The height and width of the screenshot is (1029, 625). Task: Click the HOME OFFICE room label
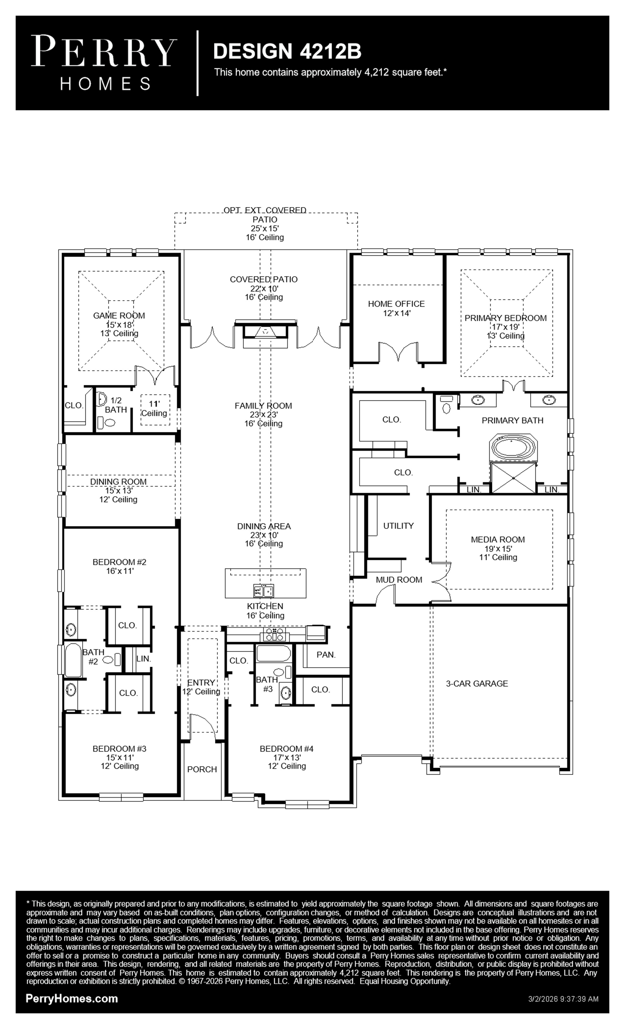point(396,304)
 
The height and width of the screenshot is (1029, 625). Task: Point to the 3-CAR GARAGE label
point(477,684)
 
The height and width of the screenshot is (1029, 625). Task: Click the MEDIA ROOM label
point(498,539)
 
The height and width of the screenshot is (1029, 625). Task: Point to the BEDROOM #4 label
point(287,749)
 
